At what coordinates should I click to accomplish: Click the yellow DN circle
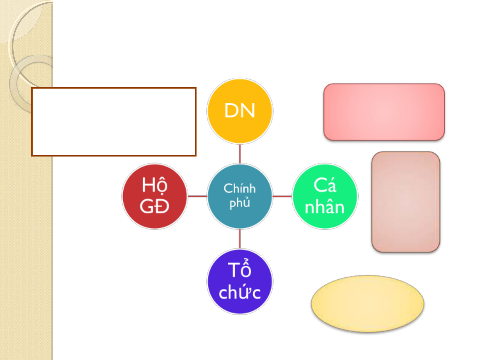[240, 111]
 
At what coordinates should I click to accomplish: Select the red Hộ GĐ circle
[155, 196]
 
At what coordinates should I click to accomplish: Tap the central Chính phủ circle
[240, 196]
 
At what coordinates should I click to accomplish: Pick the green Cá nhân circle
[325, 196]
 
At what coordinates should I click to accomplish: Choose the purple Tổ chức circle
[240, 282]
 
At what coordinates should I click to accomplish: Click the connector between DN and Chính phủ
[240, 154]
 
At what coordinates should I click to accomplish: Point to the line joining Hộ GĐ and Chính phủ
[197, 196]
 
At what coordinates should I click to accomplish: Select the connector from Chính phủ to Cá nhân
[282, 196]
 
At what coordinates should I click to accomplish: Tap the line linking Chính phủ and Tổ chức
[240, 239]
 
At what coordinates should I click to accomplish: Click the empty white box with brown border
[114, 122]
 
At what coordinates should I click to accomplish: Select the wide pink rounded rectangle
[384, 112]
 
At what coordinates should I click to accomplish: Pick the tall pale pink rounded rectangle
[406, 202]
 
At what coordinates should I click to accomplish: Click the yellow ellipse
[367, 303]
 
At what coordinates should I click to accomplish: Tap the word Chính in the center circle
[240, 188]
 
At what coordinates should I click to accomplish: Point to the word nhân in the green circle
[325, 207]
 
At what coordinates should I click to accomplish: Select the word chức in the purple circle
[240, 292]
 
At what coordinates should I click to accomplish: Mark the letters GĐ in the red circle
[155, 206]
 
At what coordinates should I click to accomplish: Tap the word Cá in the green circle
[325, 185]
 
